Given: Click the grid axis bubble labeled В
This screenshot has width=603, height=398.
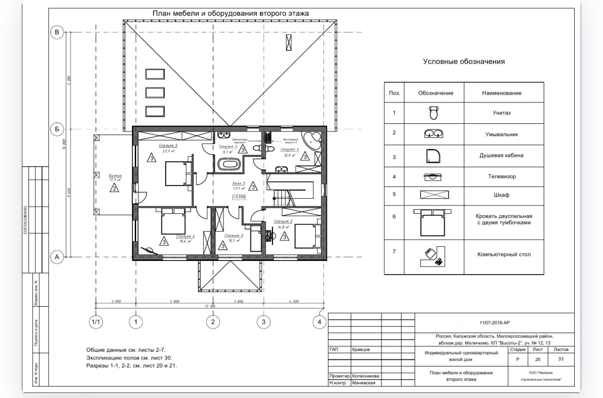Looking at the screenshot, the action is click(x=57, y=32).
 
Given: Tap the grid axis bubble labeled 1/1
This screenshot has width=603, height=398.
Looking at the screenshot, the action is click(x=96, y=322).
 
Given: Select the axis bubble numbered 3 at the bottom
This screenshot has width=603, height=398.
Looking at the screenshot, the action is click(x=263, y=322).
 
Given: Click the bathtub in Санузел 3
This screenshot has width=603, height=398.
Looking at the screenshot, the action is click(x=228, y=165).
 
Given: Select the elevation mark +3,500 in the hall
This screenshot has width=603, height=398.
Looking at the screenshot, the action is click(x=239, y=197).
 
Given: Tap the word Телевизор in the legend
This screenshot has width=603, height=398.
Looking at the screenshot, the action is click(x=501, y=177).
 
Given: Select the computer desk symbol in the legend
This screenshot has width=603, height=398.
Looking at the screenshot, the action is click(x=435, y=255).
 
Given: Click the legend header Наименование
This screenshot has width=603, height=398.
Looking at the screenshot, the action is click(x=501, y=93).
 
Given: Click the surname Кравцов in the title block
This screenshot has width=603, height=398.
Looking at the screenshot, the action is click(x=361, y=350).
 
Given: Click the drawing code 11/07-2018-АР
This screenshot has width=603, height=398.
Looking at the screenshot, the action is click(x=494, y=323).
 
